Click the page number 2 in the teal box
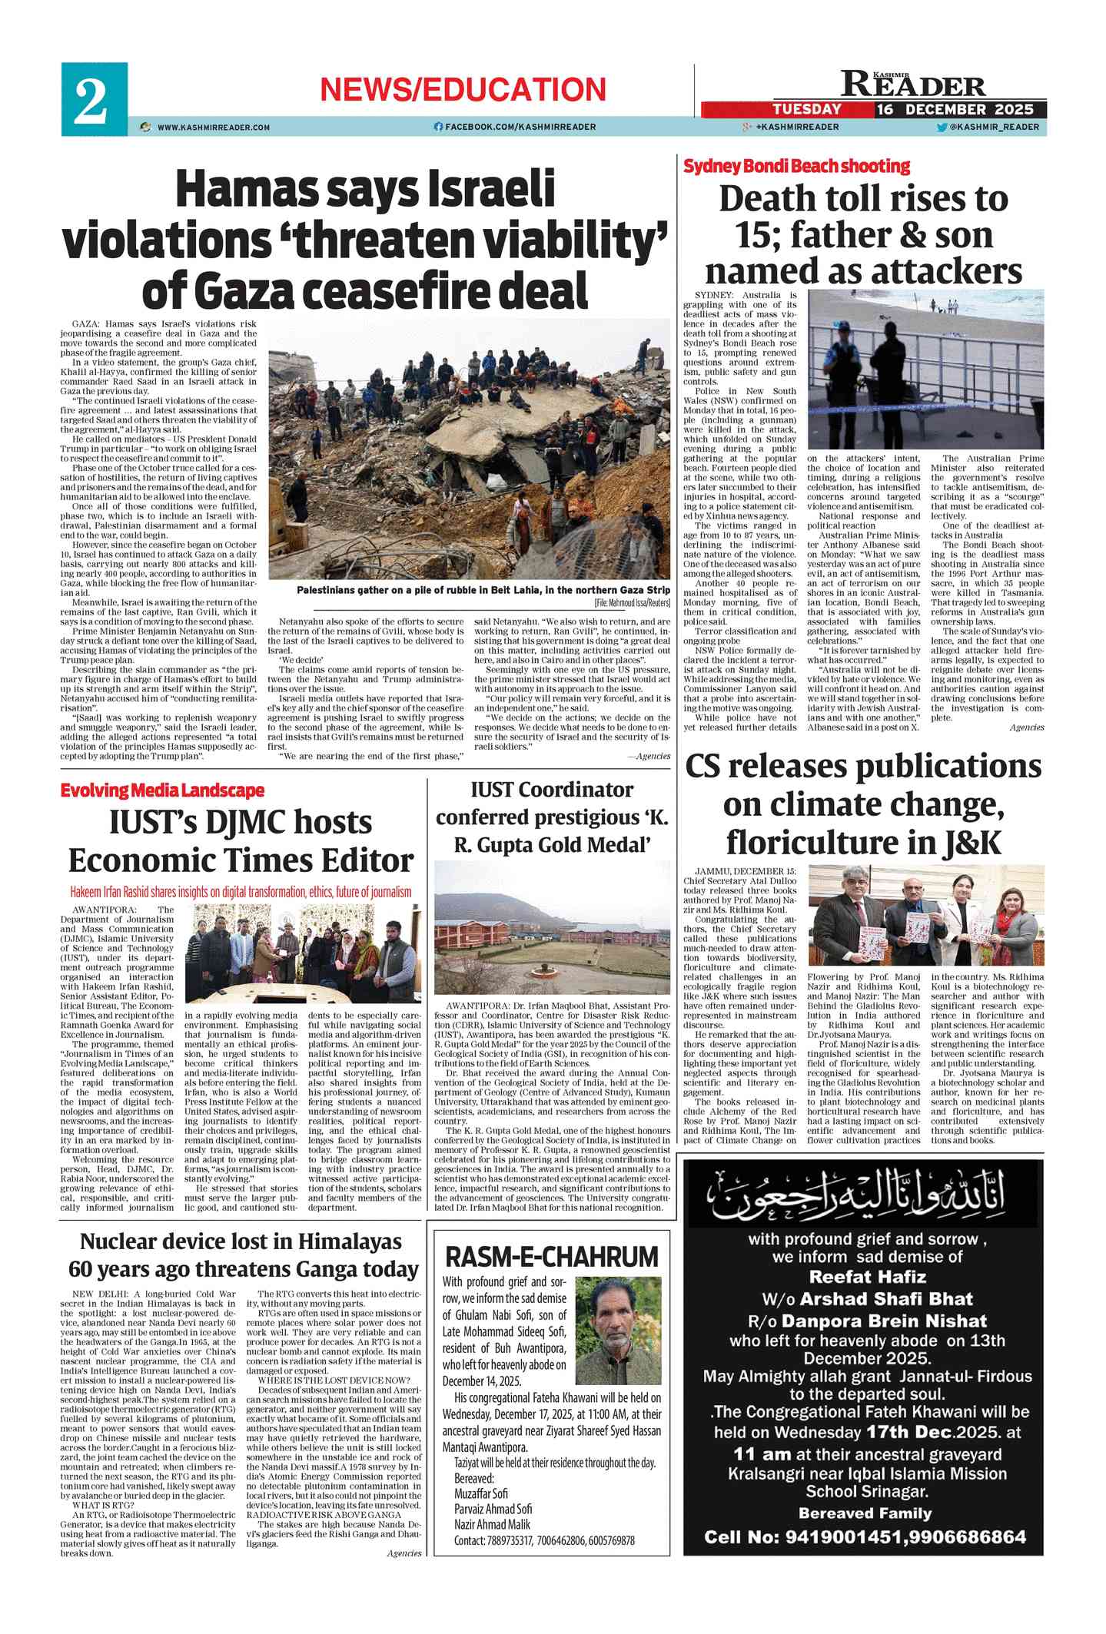click(91, 100)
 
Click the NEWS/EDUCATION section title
click(463, 90)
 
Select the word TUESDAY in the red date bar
click(807, 109)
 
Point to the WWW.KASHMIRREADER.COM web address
click(213, 127)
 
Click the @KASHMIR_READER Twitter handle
click(994, 127)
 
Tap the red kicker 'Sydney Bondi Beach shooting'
click(796, 166)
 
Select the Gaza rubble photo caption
click(483, 590)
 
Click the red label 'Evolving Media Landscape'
click(162, 790)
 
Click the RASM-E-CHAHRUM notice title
click(552, 1258)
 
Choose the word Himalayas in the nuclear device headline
click(350, 1241)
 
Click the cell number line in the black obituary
click(865, 1537)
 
